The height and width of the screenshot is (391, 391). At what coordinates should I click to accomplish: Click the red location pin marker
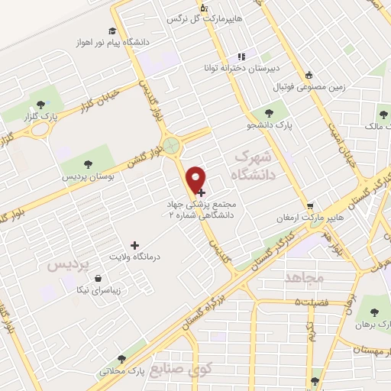click(196, 178)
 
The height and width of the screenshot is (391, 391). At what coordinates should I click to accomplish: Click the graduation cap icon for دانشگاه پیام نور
click(112, 31)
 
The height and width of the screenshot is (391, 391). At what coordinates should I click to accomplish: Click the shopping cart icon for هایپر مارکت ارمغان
click(310, 206)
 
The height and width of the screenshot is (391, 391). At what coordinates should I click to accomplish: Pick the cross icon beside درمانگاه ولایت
click(135, 245)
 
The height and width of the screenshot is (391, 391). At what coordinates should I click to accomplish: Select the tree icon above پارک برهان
click(373, 312)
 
